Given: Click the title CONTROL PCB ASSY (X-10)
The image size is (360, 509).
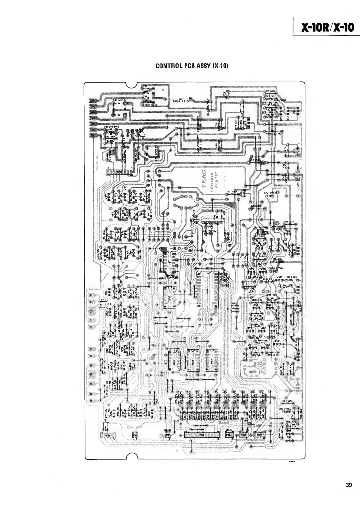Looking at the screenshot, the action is [x=191, y=66].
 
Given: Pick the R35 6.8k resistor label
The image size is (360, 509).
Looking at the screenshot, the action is [x=270, y=91].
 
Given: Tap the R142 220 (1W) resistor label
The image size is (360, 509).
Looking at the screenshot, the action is [x=273, y=133].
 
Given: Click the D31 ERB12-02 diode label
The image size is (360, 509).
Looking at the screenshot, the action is [x=112, y=127].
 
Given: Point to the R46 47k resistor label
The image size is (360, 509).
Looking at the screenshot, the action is [x=289, y=222].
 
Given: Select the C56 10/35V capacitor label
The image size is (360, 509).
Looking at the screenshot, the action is [x=285, y=408].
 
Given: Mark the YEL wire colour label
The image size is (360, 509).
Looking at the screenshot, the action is [x=250, y=423].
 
